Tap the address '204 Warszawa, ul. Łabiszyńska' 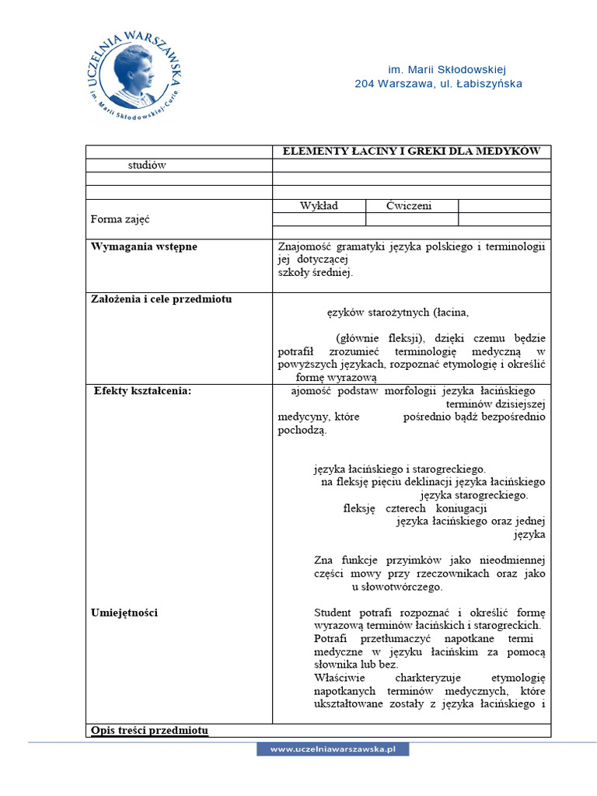438,84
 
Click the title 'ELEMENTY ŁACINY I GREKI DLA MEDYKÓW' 411,152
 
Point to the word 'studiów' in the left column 147,165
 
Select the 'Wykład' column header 319,206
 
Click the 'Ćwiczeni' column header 409,206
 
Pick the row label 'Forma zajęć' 120,219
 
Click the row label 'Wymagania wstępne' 144,246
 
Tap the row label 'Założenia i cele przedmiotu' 161,299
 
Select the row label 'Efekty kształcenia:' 142,391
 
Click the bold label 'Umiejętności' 124,613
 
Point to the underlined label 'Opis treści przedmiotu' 149,730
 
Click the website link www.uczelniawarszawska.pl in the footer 333,749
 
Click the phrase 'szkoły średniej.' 316,273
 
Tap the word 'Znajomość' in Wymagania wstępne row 305,246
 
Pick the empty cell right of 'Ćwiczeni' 504,206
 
